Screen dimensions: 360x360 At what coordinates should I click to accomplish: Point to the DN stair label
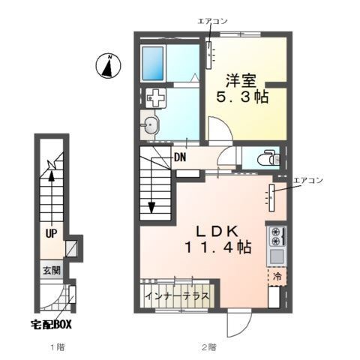pyautogui.click(x=181, y=157)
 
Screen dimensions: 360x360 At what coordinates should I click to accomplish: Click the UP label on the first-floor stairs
pyautogui.click(x=50, y=233)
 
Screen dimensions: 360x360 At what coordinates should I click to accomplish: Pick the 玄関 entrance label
pyautogui.click(x=50, y=271)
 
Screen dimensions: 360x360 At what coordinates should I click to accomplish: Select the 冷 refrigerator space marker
pyautogui.click(x=277, y=277)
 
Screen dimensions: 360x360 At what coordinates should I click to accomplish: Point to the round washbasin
pyautogui.click(x=152, y=126)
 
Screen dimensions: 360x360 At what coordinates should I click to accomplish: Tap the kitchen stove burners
pyautogui.click(x=276, y=236)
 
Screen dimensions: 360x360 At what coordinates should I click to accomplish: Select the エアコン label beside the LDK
pyautogui.click(x=307, y=180)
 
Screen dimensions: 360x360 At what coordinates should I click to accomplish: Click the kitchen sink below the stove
pyautogui.click(x=276, y=256)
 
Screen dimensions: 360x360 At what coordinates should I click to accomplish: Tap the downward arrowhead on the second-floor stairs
pyautogui.click(x=151, y=208)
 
